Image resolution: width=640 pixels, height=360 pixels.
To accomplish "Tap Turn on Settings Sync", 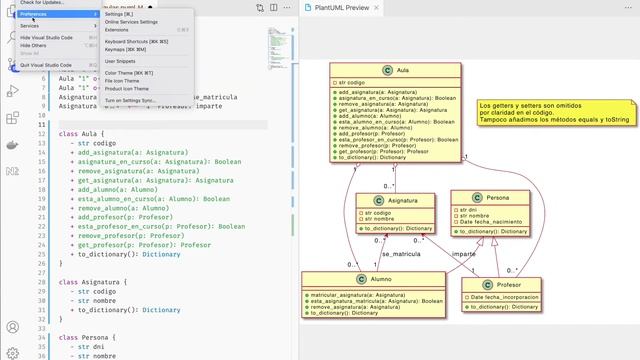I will pos(130,100).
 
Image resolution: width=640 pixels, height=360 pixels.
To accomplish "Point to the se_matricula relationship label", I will pos(401,255).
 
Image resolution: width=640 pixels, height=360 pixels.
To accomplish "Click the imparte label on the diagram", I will pos(464,254).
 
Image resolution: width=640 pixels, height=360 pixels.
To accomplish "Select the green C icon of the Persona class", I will pos(476,197).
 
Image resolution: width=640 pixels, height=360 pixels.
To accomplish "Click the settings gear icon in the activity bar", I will pos(13,349).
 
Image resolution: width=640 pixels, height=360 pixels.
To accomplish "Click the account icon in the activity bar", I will pos(13,327).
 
